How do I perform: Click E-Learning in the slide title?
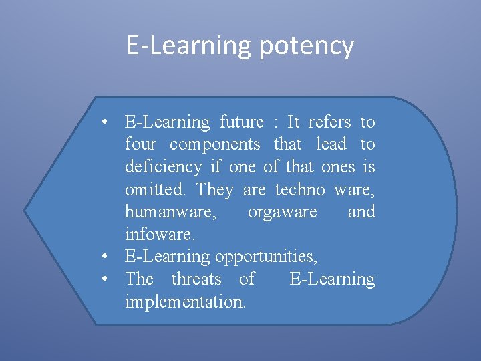(x=189, y=47)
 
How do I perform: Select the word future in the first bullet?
(x=241, y=122)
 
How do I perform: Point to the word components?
(x=214, y=144)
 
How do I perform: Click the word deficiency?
(x=163, y=167)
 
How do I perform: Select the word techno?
(x=299, y=190)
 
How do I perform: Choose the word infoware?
(x=151, y=235)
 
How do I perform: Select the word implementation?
(x=185, y=302)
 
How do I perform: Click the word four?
(x=140, y=144)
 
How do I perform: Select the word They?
(x=215, y=190)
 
